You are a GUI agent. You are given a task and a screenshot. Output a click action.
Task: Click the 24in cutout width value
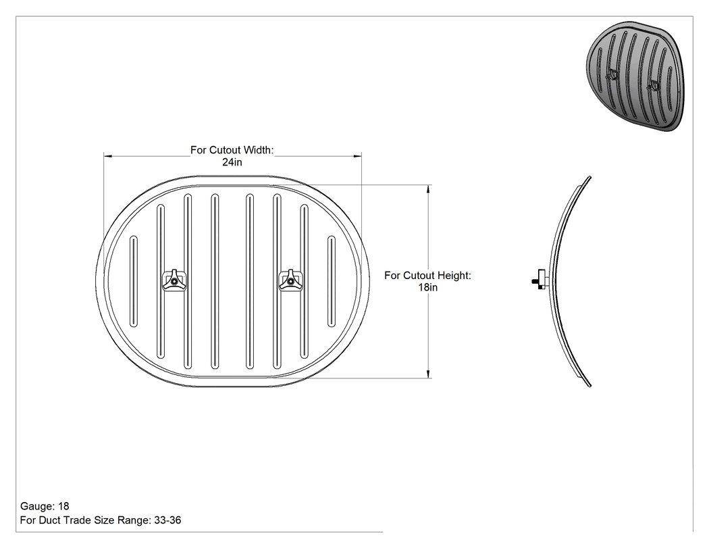[x=232, y=162]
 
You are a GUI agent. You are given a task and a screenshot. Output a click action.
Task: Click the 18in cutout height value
[x=427, y=287]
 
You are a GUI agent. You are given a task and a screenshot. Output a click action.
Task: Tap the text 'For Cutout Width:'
[x=232, y=150]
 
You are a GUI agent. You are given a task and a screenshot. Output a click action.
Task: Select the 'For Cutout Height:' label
[x=427, y=275]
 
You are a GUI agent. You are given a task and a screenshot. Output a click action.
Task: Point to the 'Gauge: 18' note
[x=45, y=506]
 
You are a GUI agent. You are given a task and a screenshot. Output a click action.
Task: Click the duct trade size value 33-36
[x=167, y=520]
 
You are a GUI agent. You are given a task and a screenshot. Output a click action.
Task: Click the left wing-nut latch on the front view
[x=174, y=280]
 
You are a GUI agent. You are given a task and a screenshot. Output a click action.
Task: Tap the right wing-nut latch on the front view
[x=290, y=280]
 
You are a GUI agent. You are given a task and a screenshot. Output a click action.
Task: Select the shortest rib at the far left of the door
[x=134, y=281]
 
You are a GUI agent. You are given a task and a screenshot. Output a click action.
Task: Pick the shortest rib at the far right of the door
[x=332, y=281]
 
